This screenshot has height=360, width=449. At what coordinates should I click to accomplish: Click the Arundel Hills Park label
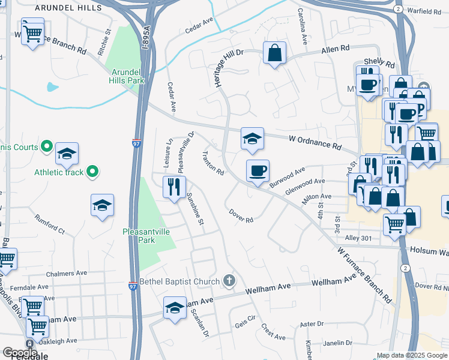coord(127,74)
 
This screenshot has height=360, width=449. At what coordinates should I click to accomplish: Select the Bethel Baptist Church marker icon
coord(229,280)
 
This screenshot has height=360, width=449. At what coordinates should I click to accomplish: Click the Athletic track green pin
coord(92,172)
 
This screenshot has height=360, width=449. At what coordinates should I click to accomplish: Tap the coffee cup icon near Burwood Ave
coord(258,172)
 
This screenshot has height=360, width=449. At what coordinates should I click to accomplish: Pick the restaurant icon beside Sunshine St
coord(171,187)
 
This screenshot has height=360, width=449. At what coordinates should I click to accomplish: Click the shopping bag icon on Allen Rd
coord(274,53)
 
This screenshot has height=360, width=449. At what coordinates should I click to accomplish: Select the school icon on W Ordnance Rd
coord(253,139)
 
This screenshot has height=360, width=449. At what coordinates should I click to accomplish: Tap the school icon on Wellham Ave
coord(175,308)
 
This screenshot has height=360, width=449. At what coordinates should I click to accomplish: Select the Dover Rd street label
coord(241,215)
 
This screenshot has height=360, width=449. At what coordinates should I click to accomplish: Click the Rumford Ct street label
coord(49,223)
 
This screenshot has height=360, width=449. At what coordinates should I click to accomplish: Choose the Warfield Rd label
coord(424,11)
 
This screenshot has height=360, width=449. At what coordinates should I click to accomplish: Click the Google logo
coord(20,353)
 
